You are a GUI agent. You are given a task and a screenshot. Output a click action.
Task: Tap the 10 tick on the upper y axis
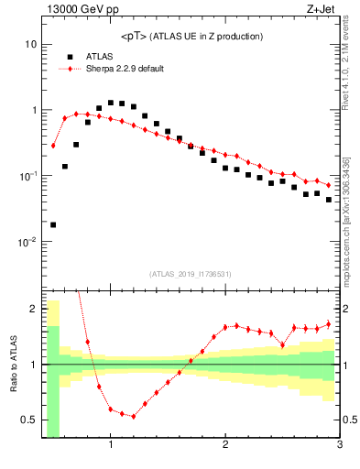(30, 44)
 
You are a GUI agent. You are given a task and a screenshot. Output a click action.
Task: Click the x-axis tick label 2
(225, 445)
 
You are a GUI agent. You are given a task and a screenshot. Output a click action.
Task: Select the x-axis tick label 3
(339, 445)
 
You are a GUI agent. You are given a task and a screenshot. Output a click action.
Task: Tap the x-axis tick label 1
(111, 445)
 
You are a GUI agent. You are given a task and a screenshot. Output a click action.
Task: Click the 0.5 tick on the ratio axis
(27, 420)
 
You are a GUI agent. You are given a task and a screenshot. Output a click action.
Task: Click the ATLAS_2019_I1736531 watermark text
(191, 274)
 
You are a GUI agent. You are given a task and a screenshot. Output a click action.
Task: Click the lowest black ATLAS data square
(53, 224)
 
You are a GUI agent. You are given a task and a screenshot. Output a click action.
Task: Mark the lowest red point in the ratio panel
(134, 416)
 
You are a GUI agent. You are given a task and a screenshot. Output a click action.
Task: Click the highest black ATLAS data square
(111, 103)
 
